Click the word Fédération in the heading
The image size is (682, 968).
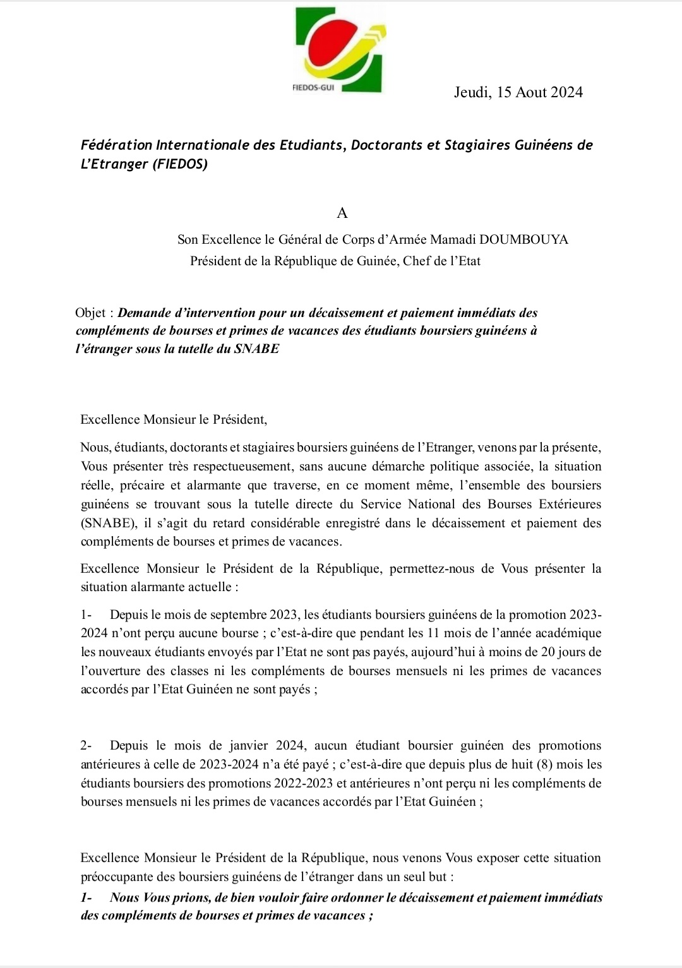click(116, 145)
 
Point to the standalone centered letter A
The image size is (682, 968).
click(342, 213)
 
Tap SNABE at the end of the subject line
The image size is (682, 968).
click(256, 349)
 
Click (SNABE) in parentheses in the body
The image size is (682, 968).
click(104, 523)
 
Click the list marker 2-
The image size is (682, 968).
click(86, 746)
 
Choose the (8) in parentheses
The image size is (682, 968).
click(544, 765)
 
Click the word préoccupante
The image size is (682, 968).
click(117, 876)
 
